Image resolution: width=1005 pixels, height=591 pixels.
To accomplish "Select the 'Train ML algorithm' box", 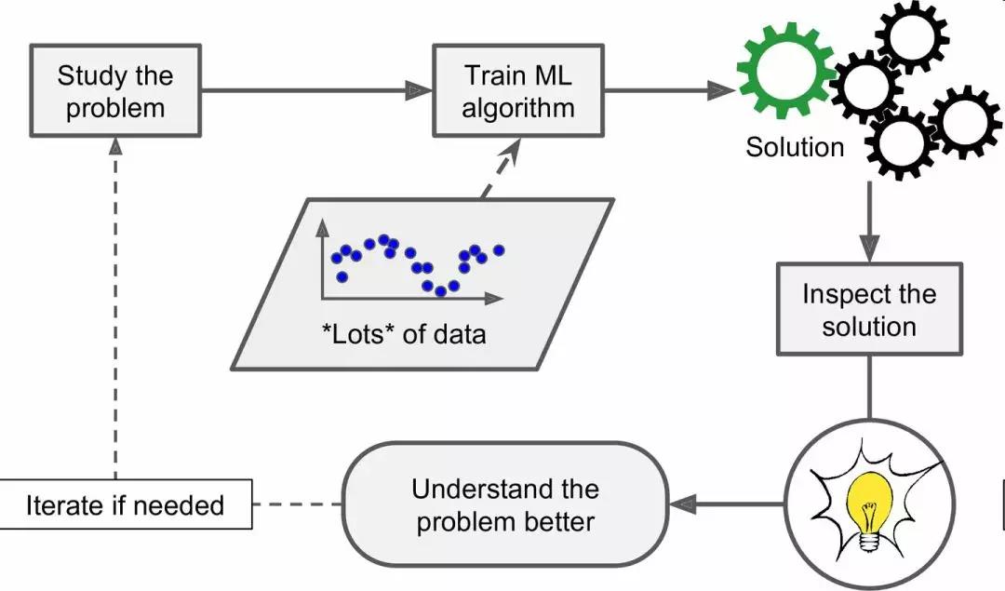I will pyautogui.click(x=519, y=90).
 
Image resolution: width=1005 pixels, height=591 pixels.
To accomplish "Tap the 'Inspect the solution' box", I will pyautogui.click(x=869, y=310).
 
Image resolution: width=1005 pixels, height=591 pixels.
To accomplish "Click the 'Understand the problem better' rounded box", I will pyautogui.click(x=504, y=504).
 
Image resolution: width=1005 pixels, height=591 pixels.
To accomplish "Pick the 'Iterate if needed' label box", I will pyautogui.click(x=126, y=505).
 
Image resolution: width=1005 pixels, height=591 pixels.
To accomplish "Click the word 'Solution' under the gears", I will pyautogui.click(x=795, y=146).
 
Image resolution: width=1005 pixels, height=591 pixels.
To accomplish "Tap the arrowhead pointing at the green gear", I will pyautogui.click(x=722, y=90).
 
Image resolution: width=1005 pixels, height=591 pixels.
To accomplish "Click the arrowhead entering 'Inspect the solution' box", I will pyautogui.click(x=869, y=249).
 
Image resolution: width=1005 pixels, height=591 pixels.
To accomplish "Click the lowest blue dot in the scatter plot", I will pyautogui.click(x=441, y=291).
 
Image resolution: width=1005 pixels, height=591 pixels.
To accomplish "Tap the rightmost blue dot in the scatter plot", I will pyautogui.click(x=499, y=249).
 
